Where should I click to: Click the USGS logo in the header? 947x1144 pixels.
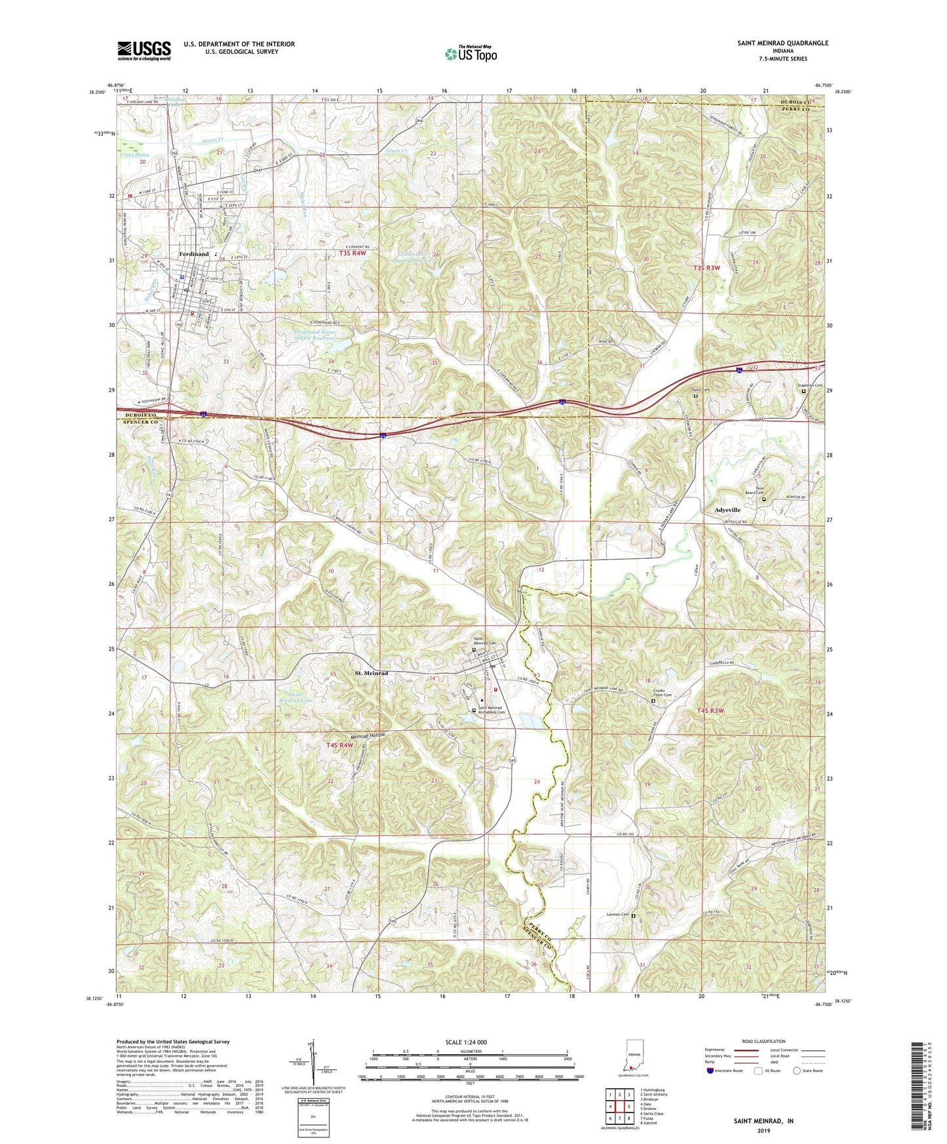[144, 50]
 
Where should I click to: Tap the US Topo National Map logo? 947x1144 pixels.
[470, 54]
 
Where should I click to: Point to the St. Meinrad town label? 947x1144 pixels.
[372, 673]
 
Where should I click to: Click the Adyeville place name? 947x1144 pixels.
[727, 509]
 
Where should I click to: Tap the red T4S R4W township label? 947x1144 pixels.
[339, 745]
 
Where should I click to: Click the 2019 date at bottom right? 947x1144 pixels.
[763, 1131]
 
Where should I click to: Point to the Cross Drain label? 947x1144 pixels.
[134, 155]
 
